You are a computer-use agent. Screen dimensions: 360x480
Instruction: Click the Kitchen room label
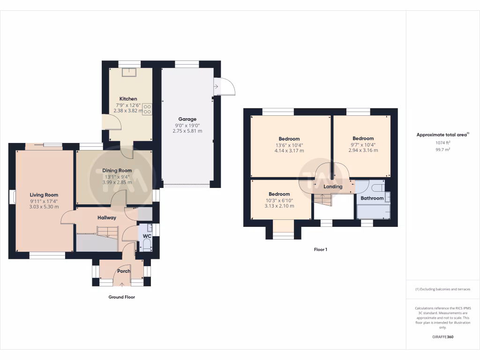click(x=128, y=99)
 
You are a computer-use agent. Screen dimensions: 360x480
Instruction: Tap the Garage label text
click(x=187, y=119)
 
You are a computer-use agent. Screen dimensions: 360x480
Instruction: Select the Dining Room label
click(x=118, y=171)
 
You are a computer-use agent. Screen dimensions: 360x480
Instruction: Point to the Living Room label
click(x=44, y=195)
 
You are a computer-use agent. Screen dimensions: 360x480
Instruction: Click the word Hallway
click(x=106, y=217)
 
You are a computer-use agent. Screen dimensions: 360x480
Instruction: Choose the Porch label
click(x=124, y=271)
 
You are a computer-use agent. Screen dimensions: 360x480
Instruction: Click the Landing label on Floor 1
click(x=333, y=187)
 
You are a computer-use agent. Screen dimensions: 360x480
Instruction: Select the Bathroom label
click(x=372, y=198)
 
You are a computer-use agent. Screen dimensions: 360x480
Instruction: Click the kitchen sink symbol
click(x=128, y=72)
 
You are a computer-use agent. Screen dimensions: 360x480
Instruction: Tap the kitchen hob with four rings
click(x=147, y=109)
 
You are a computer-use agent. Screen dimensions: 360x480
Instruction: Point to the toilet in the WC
click(x=146, y=245)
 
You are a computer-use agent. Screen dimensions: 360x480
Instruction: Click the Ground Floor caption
click(x=122, y=297)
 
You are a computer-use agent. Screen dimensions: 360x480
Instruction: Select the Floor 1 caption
click(x=321, y=249)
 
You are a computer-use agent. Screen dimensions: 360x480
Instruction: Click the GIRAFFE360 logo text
click(x=442, y=337)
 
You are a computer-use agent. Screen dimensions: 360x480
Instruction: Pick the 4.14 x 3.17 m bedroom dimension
click(x=289, y=150)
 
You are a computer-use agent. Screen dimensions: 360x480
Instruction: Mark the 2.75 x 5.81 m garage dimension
click(x=187, y=131)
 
